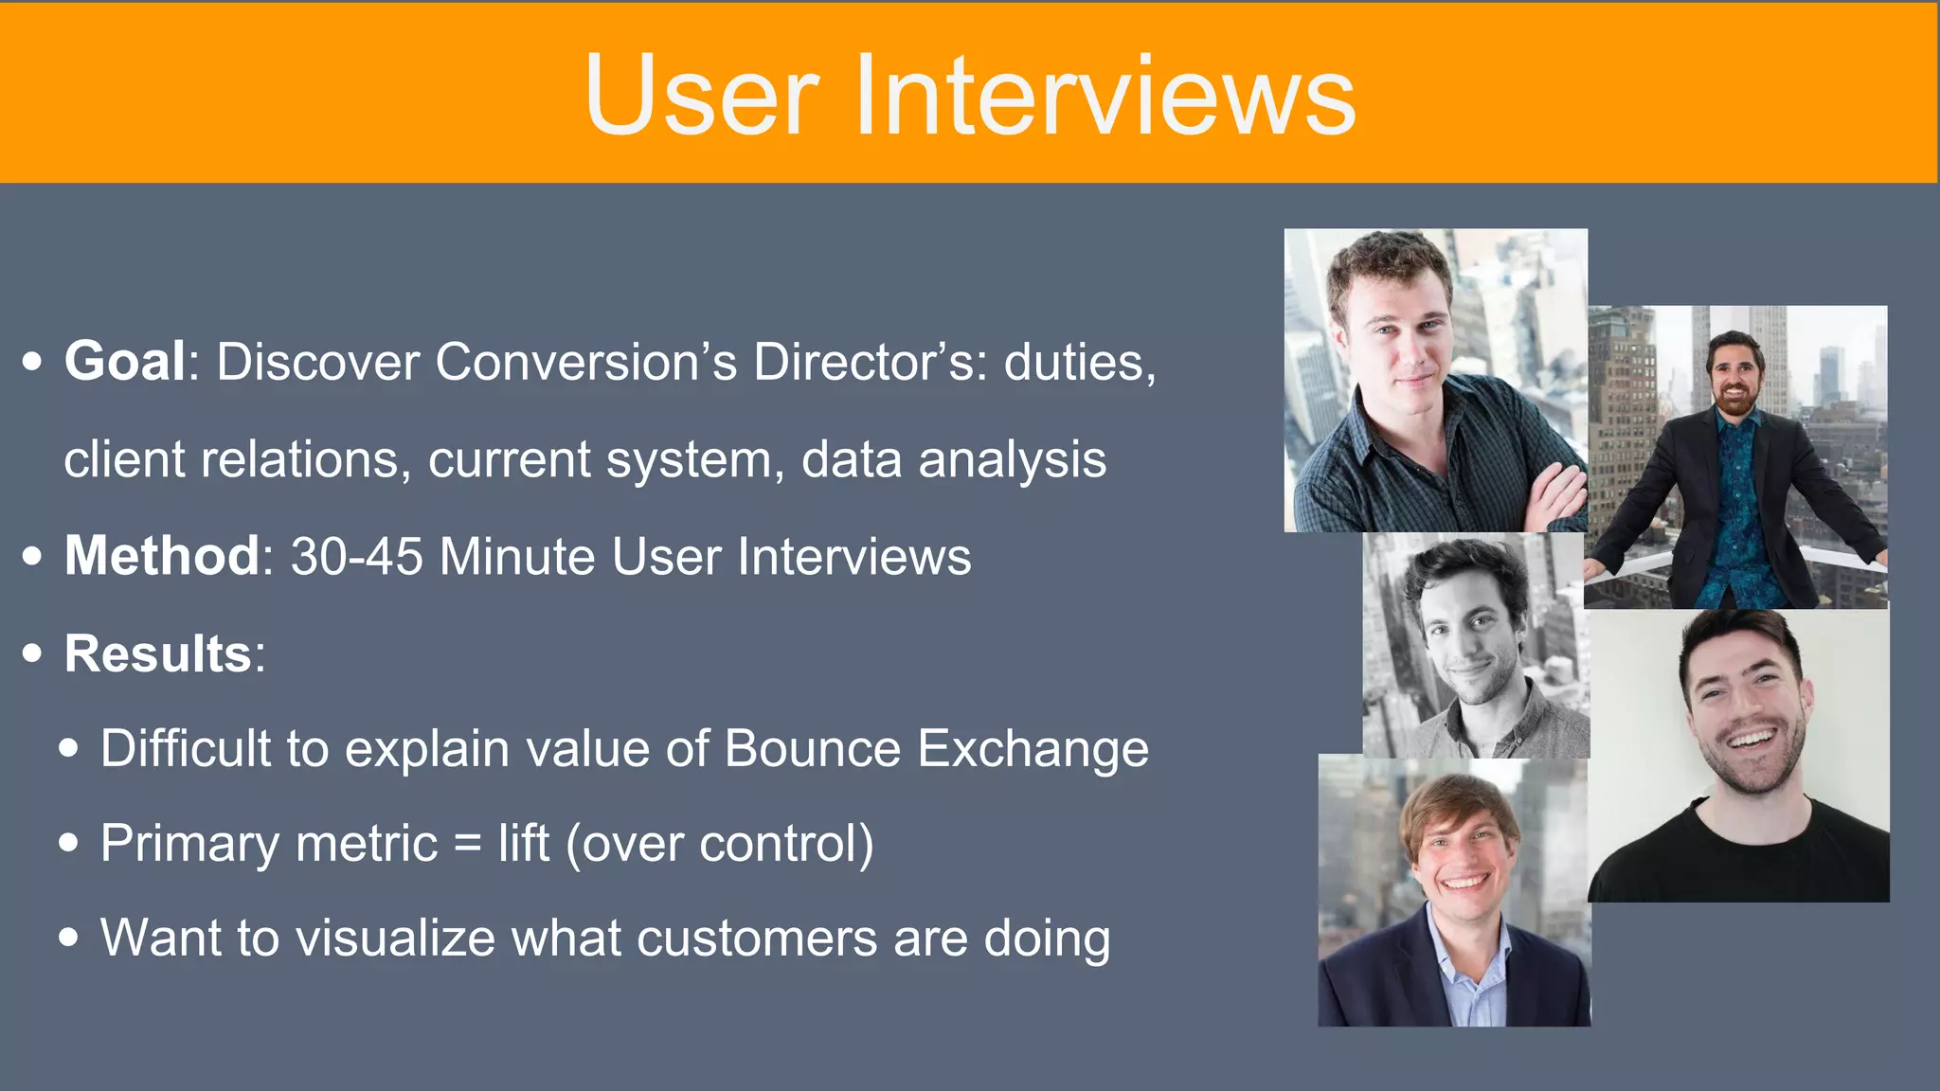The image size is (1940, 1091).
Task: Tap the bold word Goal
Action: (x=125, y=362)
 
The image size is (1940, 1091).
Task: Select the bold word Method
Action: (x=162, y=556)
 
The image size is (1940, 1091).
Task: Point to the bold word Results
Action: (x=157, y=653)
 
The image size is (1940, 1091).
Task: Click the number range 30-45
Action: (x=356, y=556)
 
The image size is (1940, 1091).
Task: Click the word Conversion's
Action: (x=585, y=362)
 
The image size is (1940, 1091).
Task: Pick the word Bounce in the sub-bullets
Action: (x=813, y=748)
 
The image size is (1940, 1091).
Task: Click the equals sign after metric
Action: (x=468, y=843)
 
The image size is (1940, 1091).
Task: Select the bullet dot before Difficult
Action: (x=68, y=748)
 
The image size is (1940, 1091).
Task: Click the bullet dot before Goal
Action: (x=32, y=362)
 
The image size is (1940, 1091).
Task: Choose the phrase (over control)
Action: (x=720, y=843)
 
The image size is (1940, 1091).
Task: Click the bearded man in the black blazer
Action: (x=1735, y=455)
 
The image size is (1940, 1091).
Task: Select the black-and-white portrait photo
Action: (x=1474, y=644)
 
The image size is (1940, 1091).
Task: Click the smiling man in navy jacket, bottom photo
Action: (x=1455, y=890)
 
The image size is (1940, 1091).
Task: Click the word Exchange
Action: (x=1033, y=748)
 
